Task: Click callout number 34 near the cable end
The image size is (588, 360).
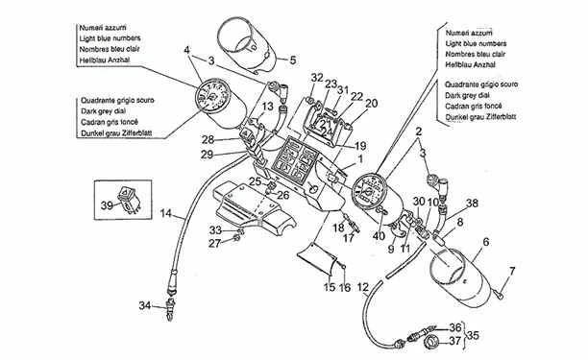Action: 145,305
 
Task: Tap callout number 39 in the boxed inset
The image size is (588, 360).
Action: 107,205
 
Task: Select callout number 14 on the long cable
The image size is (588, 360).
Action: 166,213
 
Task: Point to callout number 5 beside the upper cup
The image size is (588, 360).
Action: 292,60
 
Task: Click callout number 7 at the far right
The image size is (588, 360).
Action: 512,271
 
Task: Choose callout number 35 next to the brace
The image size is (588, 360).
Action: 474,335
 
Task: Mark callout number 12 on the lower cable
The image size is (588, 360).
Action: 362,288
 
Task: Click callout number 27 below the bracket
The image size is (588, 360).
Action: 214,244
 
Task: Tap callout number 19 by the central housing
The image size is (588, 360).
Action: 360,146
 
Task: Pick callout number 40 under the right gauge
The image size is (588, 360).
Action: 379,236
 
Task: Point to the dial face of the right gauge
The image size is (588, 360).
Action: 369,191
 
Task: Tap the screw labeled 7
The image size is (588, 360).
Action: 498,295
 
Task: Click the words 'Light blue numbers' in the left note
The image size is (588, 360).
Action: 110,38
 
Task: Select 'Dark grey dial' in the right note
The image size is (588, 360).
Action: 467,96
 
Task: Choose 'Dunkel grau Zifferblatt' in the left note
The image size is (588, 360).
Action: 116,133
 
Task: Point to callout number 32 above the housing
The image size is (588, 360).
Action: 317,78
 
